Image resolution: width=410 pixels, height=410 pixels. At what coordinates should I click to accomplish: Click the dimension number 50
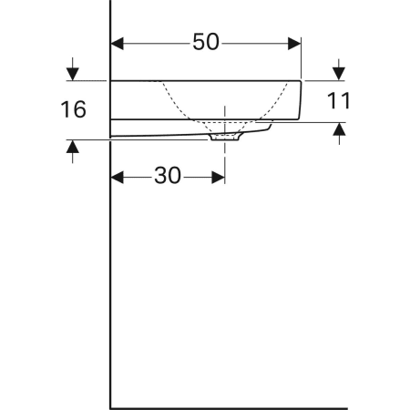click(x=206, y=42)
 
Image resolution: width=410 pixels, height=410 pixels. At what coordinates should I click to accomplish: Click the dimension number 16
click(x=73, y=109)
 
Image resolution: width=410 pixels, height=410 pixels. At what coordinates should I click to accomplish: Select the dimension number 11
click(x=338, y=100)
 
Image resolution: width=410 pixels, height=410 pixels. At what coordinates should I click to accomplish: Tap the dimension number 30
click(x=168, y=176)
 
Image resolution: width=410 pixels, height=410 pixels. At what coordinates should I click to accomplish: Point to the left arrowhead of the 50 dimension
click(x=118, y=44)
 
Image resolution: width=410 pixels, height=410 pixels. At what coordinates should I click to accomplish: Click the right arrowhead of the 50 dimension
click(x=294, y=44)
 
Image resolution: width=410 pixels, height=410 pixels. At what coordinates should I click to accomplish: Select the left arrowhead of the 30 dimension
click(x=118, y=178)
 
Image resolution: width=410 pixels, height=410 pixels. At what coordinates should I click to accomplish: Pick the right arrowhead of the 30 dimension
click(x=218, y=178)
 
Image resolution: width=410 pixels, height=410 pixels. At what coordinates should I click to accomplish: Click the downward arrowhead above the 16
click(x=73, y=74)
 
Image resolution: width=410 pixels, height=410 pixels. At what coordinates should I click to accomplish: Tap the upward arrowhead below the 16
click(x=73, y=147)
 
